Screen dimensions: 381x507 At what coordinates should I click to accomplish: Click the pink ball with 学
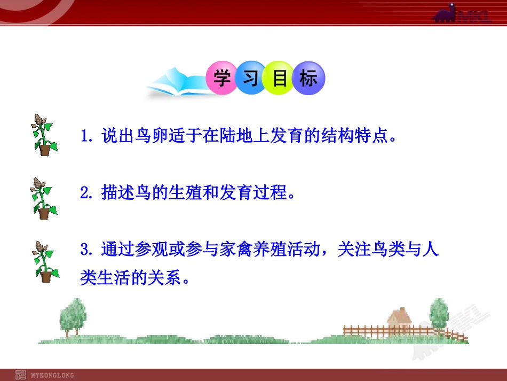coord(221,79)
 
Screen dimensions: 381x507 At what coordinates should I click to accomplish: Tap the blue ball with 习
coord(250,79)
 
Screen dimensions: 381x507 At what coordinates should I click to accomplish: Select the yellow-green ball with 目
coord(280,79)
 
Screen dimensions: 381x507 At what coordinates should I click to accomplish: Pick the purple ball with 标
coord(308,79)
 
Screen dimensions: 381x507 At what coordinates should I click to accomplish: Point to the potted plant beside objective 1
coord(43,135)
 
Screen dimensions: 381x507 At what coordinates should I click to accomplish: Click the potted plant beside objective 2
coord(43,198)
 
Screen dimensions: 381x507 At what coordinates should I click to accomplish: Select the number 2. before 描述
coord(87,193)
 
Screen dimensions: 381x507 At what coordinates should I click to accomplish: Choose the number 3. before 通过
coord(87,250)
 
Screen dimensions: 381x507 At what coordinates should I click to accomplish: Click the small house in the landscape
coord(399,319)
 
